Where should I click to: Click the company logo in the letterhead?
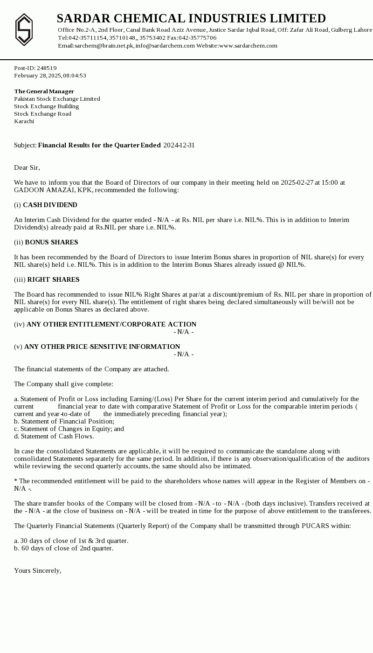(x=24, y=30)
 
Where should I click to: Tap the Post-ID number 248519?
(x=47, y=68)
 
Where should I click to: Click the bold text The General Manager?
(x=44, y=91)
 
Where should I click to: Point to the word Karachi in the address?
(x=24, y=121)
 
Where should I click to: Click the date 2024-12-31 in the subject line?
(x=179, y=146)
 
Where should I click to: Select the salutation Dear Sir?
(x=27, y=168)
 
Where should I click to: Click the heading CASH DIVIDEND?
(x=50, y=205)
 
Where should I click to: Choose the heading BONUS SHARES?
(x=51, y=243)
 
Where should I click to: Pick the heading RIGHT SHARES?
(x=53, y=280)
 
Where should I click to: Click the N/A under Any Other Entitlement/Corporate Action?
(x=183, y=332)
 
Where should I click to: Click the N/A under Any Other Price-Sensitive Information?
(x=183, y=354)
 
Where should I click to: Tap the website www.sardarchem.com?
(x=248, y=46)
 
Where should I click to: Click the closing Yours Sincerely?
(x=37, y=571)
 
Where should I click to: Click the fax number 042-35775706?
(x=198, y=38)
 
